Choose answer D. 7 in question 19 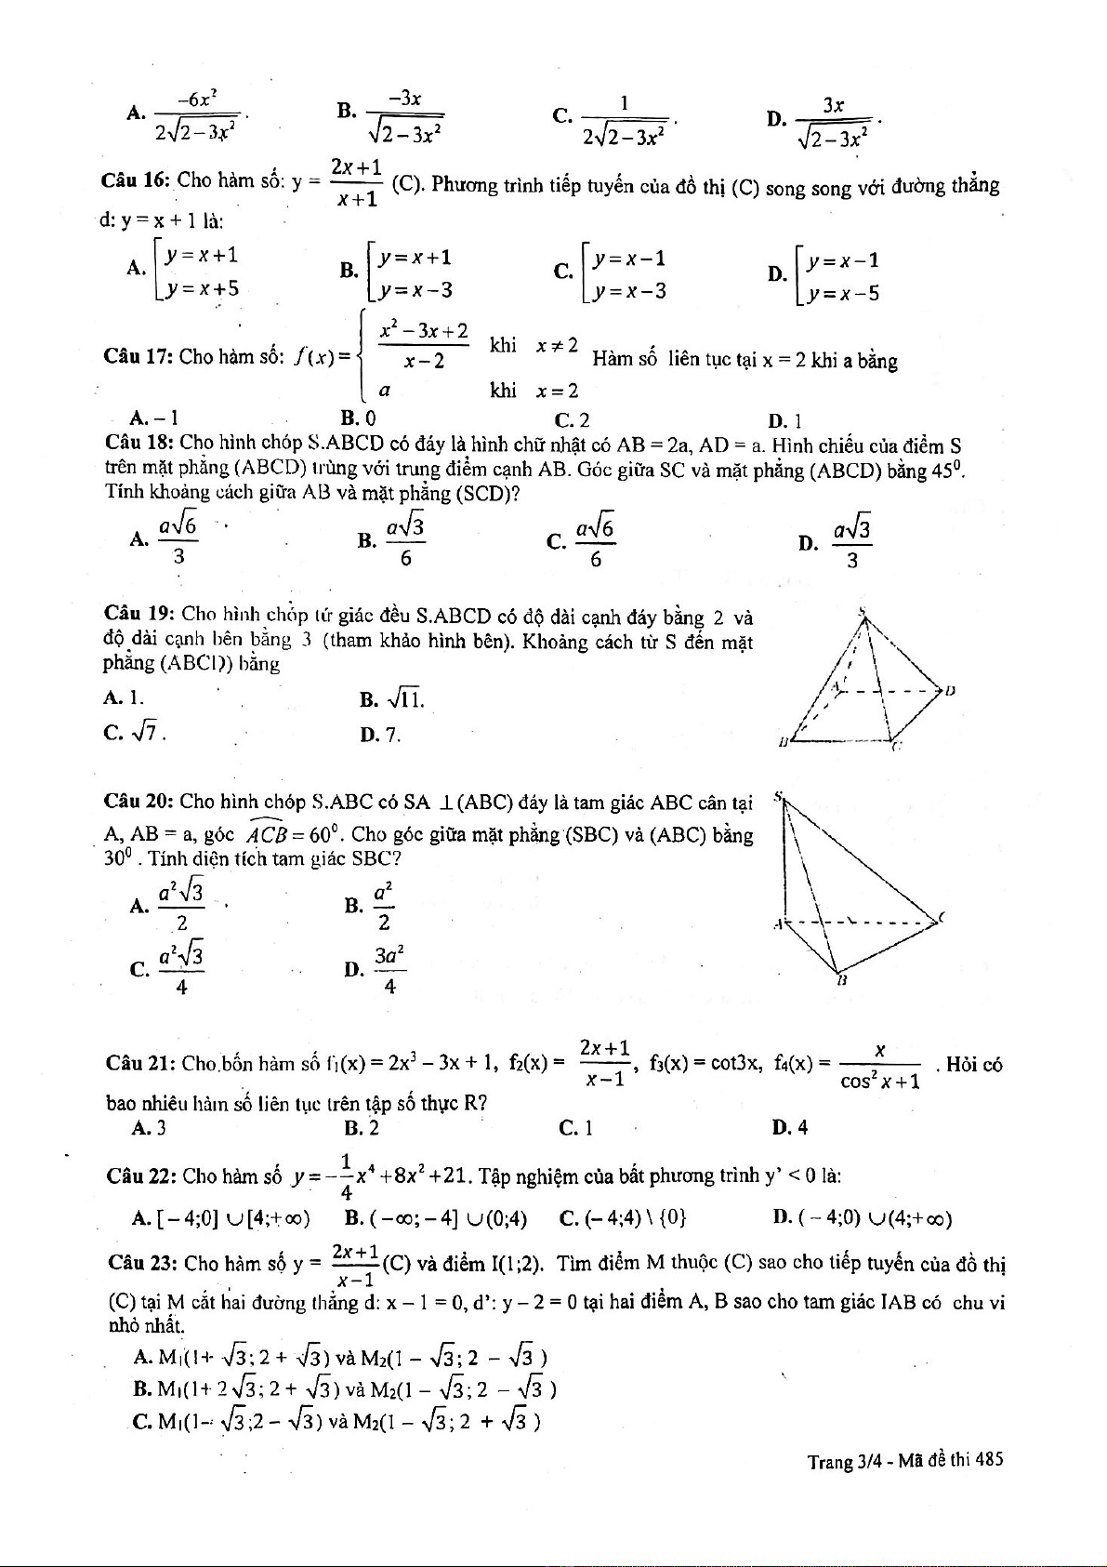tap(381, 735)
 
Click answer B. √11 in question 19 tap(391, 698)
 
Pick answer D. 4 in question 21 tap(789, 1128)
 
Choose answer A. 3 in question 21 tap(150, 1128)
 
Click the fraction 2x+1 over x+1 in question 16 tap(356, 183)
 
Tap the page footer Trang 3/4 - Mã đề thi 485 tap(904, 1460)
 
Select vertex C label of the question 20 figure tap(941, 918)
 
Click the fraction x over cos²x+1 tap(879, 1066)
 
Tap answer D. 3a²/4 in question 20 tap(376, 970)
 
